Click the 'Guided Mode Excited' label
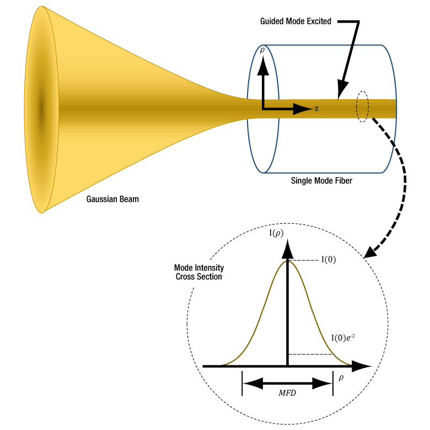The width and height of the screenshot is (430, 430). pos(295,21)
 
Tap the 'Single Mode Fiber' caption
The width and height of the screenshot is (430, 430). pos(321,181)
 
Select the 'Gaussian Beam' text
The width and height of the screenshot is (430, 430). pos(112,199)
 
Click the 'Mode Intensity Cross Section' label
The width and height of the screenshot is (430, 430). pos(198,272)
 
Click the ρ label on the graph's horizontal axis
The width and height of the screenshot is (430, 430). pos(341,378)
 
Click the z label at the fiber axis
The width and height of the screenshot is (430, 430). pos(316,109)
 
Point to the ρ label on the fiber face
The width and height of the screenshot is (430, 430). pos(262,50)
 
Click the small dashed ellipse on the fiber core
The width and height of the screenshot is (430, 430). pos(362,106)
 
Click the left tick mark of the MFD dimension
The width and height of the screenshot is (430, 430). pos(242,383)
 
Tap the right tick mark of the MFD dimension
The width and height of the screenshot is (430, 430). pos(333,383)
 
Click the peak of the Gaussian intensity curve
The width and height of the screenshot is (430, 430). pos(287,261)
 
